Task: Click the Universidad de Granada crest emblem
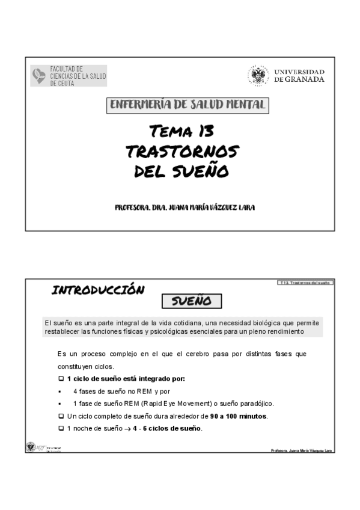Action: pyautogui.click(x=258, y=76)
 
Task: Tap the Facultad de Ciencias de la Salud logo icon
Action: pyautogui.click(x=39, y=76)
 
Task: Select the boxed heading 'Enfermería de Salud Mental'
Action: pyautogui.click(x=187, y=105)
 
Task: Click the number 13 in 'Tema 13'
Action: pyautogui.click(x=203, y=131)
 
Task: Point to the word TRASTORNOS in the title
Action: pyautogui.click(x=182, y=152)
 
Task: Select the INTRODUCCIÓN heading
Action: pyautogui.click(x=98, y=290)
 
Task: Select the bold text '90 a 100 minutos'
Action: pyautogui.click(x=239, y=416)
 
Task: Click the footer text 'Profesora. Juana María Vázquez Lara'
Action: pyautogui.click(x=302, y=450)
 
